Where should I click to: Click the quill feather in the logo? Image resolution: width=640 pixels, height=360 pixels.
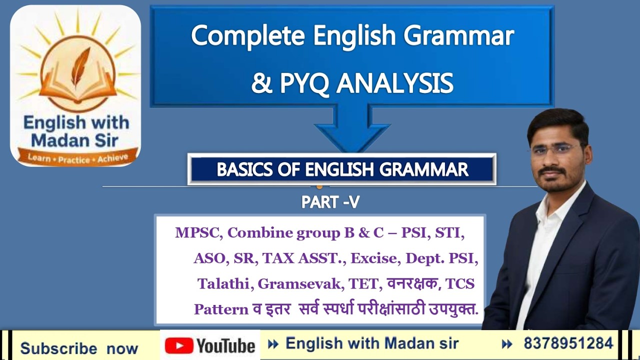(79, 67)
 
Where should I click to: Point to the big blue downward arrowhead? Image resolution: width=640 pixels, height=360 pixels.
(352, 135)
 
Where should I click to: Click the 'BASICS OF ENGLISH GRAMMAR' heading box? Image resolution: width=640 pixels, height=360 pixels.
(342, 170)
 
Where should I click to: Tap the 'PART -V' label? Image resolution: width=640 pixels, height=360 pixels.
(330, 202)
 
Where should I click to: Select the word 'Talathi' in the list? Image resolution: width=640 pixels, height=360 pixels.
(225, 284)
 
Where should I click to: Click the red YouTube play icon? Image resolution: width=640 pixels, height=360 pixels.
(178, 345)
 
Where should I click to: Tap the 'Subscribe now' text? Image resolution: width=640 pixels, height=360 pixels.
(79, 348)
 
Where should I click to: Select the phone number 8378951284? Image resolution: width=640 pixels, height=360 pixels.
(568, 343)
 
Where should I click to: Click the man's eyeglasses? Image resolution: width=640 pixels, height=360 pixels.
(556, 149)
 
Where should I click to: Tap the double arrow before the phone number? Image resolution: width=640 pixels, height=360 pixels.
(507, 344)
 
